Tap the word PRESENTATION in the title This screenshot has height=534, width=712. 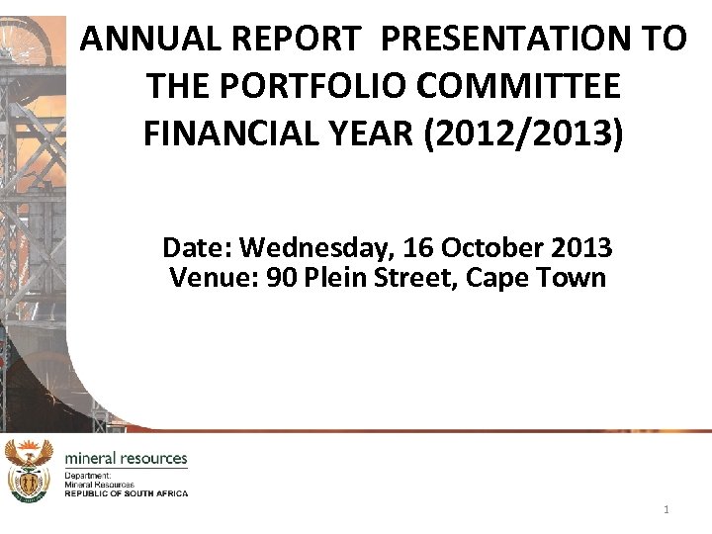[499, 39]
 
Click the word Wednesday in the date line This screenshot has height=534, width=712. [315, 247]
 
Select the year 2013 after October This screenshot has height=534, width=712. [578, 247]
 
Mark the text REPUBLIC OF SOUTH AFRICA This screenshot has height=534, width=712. [126, 493]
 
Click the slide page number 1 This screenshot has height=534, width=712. [667, 510]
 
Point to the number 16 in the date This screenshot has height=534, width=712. [418, 247]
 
